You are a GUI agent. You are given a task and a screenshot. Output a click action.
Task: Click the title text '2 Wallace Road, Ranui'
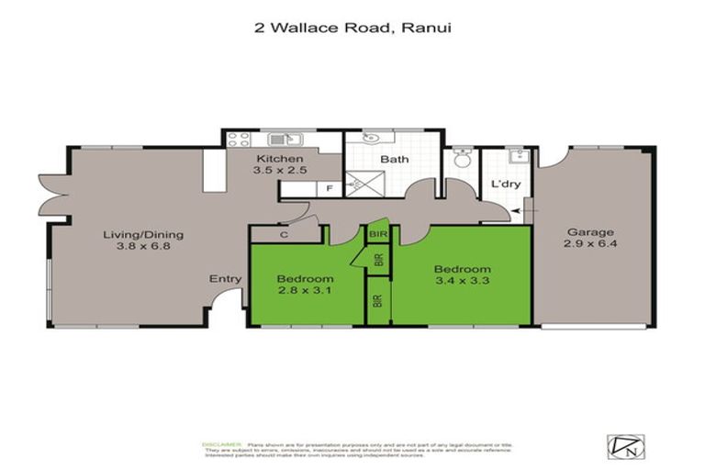352,28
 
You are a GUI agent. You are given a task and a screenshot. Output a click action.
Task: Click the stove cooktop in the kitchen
239,140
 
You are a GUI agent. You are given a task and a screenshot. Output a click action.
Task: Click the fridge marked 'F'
330,189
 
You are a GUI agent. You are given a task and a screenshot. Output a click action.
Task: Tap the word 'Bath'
395,159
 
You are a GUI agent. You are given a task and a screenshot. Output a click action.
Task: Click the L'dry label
507,185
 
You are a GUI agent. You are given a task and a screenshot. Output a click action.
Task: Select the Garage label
589,232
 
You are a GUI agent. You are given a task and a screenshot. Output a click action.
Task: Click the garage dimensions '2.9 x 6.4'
589,245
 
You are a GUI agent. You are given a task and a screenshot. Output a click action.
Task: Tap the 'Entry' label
225,279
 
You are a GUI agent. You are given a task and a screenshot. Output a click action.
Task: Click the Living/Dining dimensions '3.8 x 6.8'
138,246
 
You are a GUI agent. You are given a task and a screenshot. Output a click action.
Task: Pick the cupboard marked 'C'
284,235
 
